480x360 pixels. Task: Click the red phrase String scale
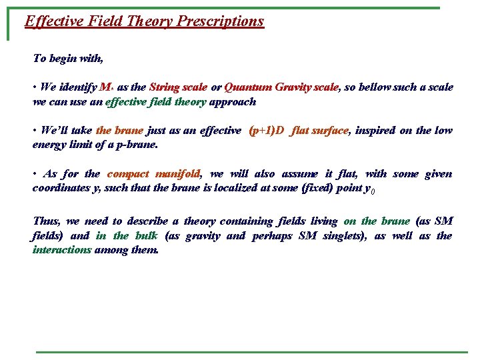tap(178, 87)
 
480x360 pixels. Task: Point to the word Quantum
tap(245, 87)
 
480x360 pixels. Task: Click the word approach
tap(233, 102)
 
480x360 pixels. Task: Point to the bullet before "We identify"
tap(35, 87)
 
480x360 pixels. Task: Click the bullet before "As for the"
tap(35, 174)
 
